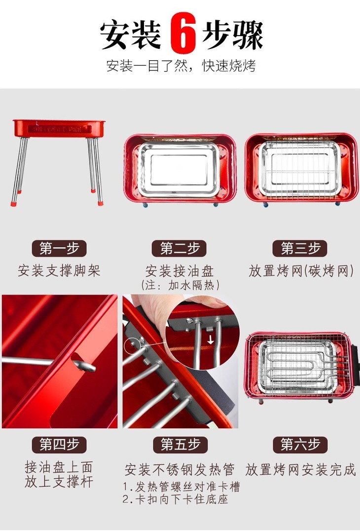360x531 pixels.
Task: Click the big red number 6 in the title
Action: pyautogui.click(x=183, y=33)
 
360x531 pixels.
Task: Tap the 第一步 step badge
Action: pyautogui.click(x=59, y=249)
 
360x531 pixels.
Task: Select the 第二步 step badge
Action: pyautogui.click(x=180, y=249)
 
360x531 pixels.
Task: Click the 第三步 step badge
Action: pyautogui.click(x=300, y=249)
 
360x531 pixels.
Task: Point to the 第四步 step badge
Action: pyautogui.click(x=59, y=445)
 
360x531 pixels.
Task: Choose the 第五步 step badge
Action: pyautogui.click(x=180, y=445)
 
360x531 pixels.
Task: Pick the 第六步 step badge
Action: pyautogui.click(x=300, y=445)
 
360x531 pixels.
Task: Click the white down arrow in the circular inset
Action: pyautogui.click(x=211, y=340)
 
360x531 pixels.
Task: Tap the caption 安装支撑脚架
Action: pyautogui.click(x=59, y=271)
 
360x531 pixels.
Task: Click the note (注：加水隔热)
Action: pyautogui.click(x=180, y=285)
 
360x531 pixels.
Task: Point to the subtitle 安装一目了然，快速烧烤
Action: pyautogui.click(x=181, y=66)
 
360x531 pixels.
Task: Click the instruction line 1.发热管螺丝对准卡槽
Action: pyautogui.click(x=181, y=487)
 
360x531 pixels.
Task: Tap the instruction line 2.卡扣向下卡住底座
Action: pyautogui.click(x=175, y=499)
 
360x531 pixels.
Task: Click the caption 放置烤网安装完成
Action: pyautogui.click(x=300, y=470)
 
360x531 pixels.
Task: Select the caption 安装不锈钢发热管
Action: pyautogui.click(x=180, y=470)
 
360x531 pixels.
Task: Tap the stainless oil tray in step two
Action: pyautogui.click(x=179, y=169)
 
